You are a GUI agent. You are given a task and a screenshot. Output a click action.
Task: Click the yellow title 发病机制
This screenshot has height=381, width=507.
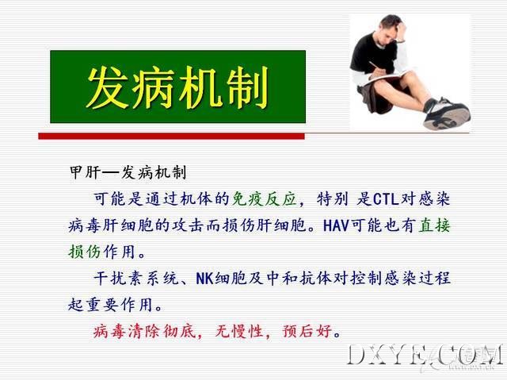point(177,87)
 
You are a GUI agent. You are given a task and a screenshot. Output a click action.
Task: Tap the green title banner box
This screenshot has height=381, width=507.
point(177,87)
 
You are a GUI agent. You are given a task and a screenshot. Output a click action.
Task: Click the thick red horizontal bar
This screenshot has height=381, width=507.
point(171,137)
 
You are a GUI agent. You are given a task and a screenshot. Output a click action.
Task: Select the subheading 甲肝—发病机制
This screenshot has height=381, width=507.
point(128,172)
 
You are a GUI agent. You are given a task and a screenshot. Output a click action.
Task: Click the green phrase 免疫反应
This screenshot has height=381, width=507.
point(265,198)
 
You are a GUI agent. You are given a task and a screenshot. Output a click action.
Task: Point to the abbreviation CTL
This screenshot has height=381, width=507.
point(386,199)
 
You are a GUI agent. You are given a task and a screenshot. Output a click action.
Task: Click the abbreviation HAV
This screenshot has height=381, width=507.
point(336,225)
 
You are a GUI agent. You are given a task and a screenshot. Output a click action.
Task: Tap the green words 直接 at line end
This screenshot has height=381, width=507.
point(434,225)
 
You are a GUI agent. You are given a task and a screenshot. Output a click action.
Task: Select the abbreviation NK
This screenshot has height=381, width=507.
point(204,279)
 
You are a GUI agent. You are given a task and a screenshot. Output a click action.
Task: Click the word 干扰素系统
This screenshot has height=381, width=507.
point(135,279)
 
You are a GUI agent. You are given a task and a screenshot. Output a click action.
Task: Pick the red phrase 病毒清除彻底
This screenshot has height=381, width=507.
point(144,332)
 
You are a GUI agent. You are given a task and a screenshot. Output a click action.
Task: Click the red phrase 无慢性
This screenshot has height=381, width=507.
point(238,332)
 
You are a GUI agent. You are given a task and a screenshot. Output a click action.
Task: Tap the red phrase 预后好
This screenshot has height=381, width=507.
point(307,332)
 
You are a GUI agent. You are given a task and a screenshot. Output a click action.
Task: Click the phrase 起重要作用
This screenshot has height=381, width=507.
point(110,305)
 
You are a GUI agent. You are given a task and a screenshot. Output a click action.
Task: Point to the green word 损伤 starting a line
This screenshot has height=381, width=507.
point(84,252)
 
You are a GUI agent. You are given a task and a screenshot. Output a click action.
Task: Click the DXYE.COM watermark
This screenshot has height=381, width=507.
point(426,355)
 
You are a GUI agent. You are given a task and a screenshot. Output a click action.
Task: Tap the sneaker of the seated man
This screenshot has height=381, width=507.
point(447,114)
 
